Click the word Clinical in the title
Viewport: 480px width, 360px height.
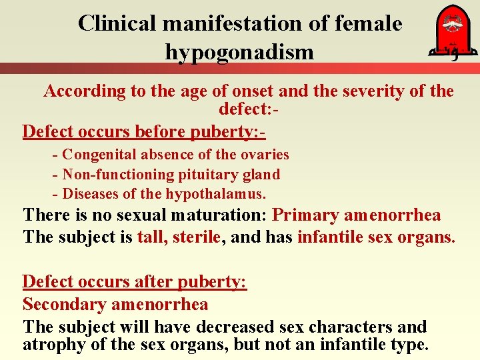(117, 24)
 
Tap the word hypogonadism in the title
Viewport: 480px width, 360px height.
(239, 51)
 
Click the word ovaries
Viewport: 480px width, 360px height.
(265, 155)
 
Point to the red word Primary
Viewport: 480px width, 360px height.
(306, 215)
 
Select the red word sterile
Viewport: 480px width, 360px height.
(196, 237)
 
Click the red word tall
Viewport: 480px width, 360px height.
(150, 237)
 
